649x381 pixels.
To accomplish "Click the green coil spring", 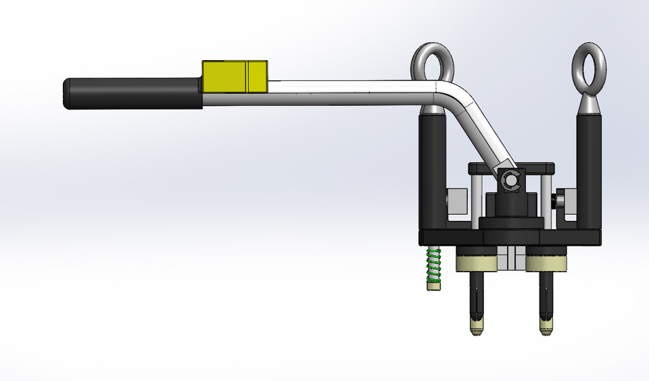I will (x=433, y=265).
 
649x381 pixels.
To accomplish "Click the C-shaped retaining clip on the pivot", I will (x=509, y=179).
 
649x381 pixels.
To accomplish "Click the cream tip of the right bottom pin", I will (x=546, y=329).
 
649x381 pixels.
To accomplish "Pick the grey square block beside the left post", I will (x=458, y=201).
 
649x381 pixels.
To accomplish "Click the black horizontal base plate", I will (x=510, y=237).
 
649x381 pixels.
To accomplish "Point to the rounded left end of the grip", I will (x=67, y=93).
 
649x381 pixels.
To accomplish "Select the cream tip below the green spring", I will (x=433, y=286).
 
